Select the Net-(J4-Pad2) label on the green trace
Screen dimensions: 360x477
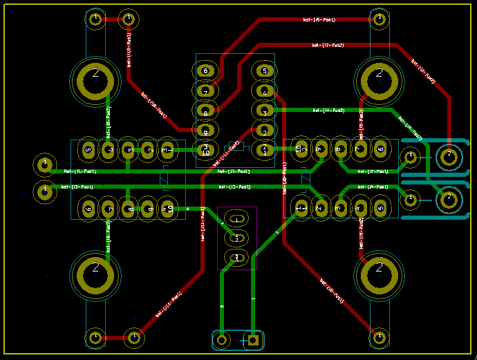coord(328,110)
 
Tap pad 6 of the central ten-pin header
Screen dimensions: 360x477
coord(205,70)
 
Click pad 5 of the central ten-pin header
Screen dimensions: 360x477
coord(263,70)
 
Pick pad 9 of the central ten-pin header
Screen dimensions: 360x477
coord(205,130)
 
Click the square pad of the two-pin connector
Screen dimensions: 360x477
coord(254,339)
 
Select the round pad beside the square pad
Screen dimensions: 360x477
coord(222,339)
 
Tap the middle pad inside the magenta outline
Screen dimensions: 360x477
coord(236,238)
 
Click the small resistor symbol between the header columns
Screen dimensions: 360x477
coord(235,145)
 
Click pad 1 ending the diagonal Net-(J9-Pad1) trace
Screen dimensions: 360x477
coord(378,337)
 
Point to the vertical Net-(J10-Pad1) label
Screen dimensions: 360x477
coord(129,48)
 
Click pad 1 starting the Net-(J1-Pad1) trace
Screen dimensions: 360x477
coord(45,164)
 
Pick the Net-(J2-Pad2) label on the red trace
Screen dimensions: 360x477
coord(423,71)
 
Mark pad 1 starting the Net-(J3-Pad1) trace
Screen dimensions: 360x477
coord(45,190)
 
